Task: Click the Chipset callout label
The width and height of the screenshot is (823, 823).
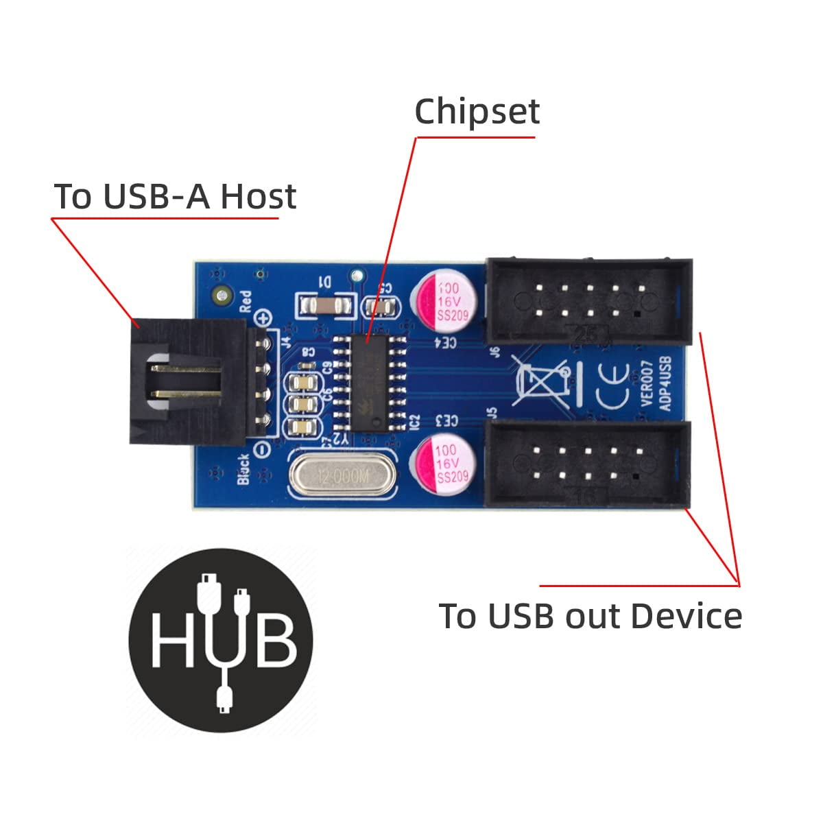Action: (x=477, y=111)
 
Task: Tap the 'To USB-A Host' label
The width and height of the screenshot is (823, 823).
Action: (x=175, y=197)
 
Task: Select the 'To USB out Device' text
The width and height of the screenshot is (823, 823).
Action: (x=590, y=615)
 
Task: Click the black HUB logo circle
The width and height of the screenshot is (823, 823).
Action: (x=221, y=639)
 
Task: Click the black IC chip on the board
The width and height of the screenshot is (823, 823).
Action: (x=368, y=384)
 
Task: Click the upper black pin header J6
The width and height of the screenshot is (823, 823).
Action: (x=588, y=301)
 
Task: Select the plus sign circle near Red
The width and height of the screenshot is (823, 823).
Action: (x=263, y=318)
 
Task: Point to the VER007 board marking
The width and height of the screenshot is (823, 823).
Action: (x=648, y=387)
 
